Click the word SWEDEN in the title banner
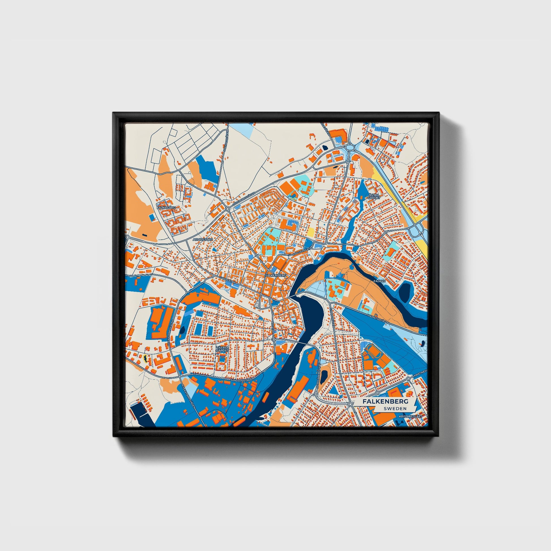[395, 408]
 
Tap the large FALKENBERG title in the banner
[385, 401]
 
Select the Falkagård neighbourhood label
[166, 208]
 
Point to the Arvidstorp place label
[203, 240]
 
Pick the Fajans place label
[379, 281]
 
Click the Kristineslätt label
[410, 417]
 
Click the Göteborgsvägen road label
[243, 199]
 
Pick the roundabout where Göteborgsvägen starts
[228, 209]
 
